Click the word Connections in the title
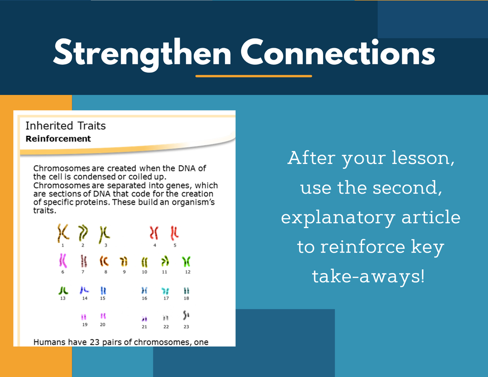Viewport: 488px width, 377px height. (x=338, y=52)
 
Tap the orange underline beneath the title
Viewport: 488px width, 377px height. (x=254, y=76)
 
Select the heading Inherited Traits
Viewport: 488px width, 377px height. (x=66, y=125)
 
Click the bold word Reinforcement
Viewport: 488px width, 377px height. (x=58, y=139)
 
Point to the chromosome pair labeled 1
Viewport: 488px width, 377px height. (x=63, y=233)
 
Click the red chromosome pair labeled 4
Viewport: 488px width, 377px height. (x=154, y=233)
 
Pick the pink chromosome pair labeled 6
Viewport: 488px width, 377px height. (x=63, y=260)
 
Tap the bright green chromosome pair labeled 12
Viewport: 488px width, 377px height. (x=186, y=262)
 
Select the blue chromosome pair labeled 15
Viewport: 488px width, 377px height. (x=103, y=290)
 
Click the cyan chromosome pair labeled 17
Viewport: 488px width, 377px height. (x=165, y=291)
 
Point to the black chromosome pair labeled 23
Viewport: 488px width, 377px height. (x=186, y=316)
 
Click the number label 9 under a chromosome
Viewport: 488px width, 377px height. (x=124, y=272)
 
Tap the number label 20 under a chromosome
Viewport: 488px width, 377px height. (x=103, y=325)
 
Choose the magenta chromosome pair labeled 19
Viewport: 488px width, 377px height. (x=84, y=317)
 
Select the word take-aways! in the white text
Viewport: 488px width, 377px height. (x=368, y=276)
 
